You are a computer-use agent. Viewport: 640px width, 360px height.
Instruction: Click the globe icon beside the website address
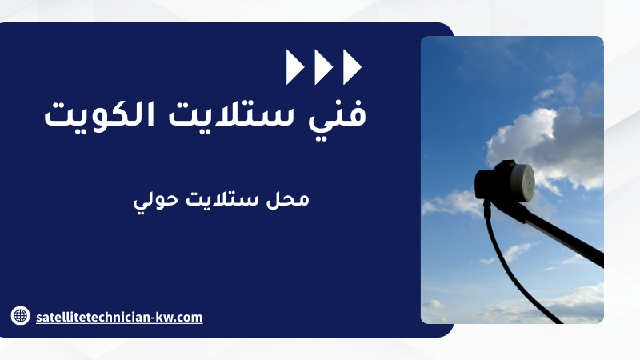tap(20, 315)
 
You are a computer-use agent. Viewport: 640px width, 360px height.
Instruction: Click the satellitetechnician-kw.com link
tap(119, 317)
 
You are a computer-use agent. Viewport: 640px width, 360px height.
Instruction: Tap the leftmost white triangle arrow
tap(295, 67)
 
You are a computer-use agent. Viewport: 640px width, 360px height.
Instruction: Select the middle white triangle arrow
tap(324, 67)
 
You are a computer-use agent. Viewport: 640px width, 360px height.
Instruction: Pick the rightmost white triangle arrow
tap(352, 67)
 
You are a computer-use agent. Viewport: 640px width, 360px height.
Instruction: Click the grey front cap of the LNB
tap(523, 182)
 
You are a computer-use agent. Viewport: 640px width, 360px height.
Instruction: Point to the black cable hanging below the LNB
tap(512, 266)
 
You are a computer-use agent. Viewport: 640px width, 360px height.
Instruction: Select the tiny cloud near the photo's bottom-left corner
tap(432, 304)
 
